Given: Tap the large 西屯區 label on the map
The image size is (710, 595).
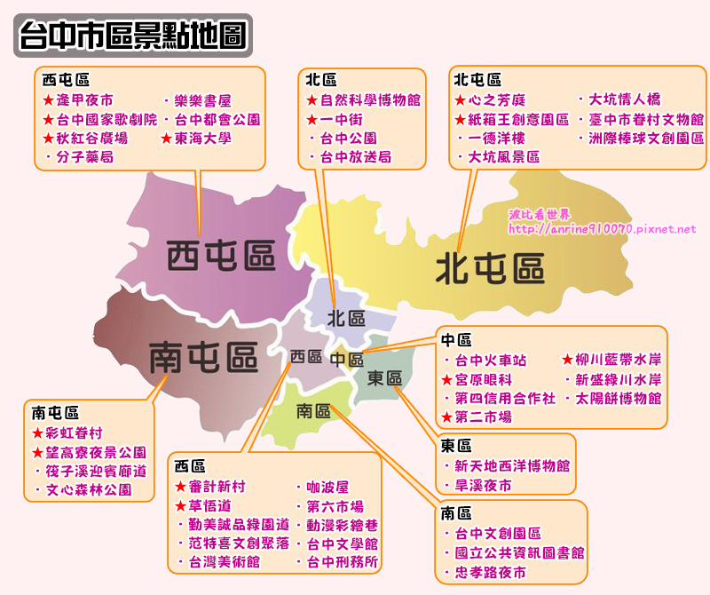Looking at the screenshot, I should pyautogui.click(x=221, y=256).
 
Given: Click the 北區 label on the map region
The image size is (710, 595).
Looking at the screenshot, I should pyautogui.click(x=346, y=318).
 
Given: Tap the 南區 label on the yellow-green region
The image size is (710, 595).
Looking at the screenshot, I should pyautogui.click(x=313, y=411).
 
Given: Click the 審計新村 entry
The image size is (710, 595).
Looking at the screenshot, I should pyautogui.click(x=216, y=487).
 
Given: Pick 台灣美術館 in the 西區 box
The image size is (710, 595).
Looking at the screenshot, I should pyautogui.click(x=224, y=561).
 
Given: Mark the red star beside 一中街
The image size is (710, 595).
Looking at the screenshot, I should pyautogui.click(x=312, y=119).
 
